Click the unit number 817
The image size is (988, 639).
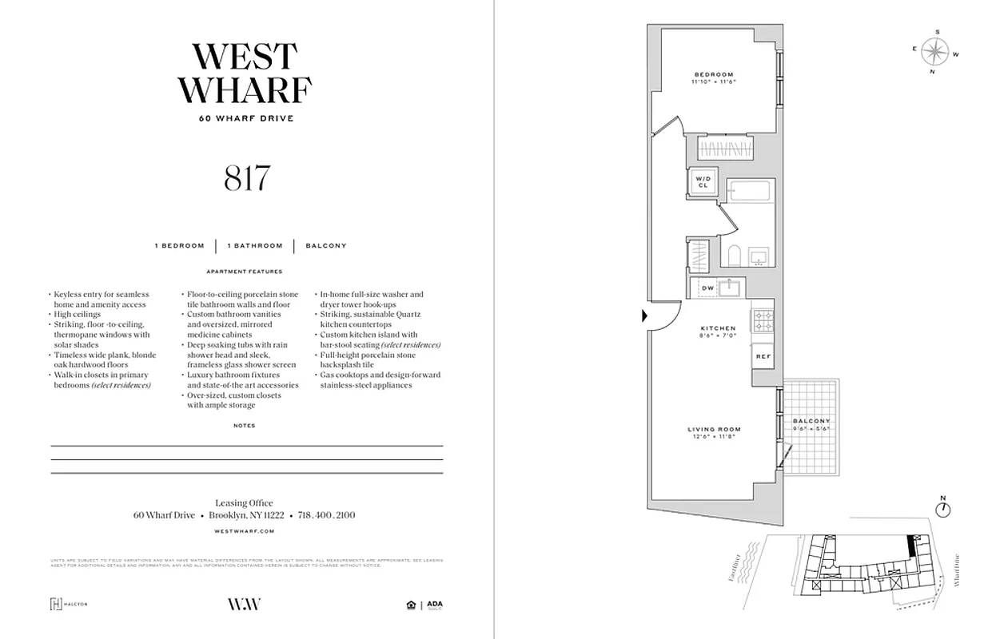246,177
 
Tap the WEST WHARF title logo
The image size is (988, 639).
245,73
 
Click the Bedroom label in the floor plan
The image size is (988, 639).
713,75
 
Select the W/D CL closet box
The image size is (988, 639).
703,181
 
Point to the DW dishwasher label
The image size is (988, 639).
707,288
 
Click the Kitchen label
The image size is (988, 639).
718,328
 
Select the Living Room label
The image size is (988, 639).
714,430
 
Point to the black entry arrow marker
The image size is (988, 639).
644,316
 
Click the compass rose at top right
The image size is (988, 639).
933,52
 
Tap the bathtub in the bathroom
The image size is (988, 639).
747,191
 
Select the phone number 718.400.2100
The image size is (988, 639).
326,515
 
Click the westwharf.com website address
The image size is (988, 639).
245,530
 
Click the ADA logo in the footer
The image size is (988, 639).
434,604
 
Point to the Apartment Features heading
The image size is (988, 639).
245,272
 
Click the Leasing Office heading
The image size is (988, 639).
245,503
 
